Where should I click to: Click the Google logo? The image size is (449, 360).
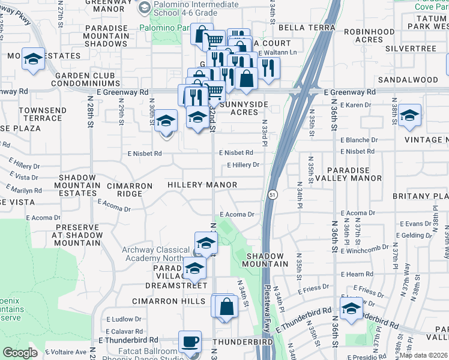tap(20, 353)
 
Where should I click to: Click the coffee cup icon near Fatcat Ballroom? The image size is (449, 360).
tap(190, 341)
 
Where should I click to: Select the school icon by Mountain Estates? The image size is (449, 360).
tap(34, 59)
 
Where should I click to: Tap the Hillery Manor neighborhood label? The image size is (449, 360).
tap(202, 185)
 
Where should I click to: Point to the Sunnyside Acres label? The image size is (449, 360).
tap(240, 108)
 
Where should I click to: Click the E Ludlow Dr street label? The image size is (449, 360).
tap(124, 319)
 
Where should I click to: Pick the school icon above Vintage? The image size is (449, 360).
tap(409, 115)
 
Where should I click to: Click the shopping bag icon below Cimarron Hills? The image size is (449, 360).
tap(226, 307)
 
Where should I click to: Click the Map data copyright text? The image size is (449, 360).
tap(423, 355)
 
